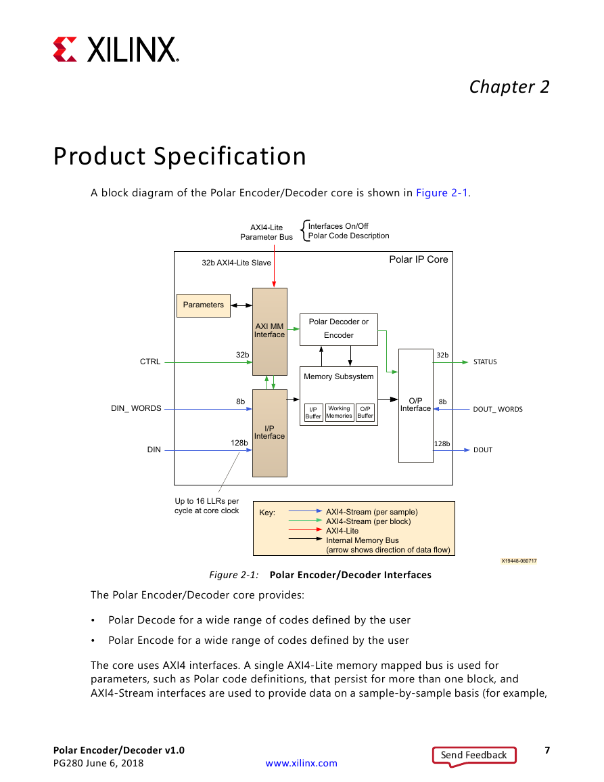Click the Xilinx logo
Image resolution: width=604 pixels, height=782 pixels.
[x=116, y=49]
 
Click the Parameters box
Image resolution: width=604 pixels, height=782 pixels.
[x=204, y=305]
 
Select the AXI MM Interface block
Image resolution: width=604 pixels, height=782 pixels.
[x=270, y=331]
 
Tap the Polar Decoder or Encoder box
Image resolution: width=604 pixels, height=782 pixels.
[x=339, y=329]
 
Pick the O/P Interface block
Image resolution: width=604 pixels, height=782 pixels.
[x=415, y=406]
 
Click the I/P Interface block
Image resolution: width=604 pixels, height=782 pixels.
[x=270, y=433]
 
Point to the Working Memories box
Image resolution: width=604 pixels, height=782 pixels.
[x=340, y=412]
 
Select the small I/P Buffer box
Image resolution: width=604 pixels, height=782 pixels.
[x=313, y=413]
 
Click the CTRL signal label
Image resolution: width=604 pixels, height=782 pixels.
[x=150, y=362]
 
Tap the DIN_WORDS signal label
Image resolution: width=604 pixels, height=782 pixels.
[x=136, y=408]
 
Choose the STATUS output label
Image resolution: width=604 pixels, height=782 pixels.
[x=485, y=362]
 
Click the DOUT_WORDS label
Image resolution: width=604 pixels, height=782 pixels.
[x=498, y=410]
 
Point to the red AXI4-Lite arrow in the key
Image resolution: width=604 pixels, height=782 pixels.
[x=306, y=529]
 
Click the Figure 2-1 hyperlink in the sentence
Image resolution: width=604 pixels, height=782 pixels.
[x=442, y=193]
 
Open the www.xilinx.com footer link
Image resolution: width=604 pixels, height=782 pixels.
[x=301, y=763]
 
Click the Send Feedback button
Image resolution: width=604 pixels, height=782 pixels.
[x=474, y=755]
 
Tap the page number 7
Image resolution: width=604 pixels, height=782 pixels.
[x=547, y=750]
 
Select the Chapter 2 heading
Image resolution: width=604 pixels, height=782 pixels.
[x=509, y=87]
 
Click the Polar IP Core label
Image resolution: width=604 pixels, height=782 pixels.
[x=419, y=259]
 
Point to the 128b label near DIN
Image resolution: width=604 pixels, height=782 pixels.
[x=239, y=443]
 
